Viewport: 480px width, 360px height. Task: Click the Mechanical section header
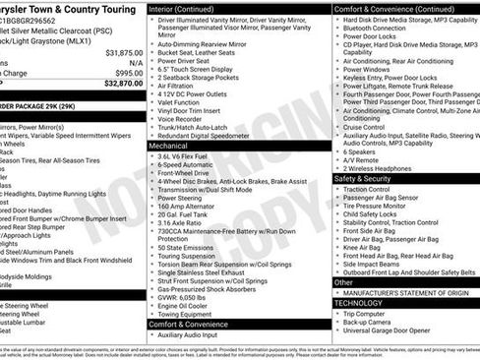click(x=171, y=145)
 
